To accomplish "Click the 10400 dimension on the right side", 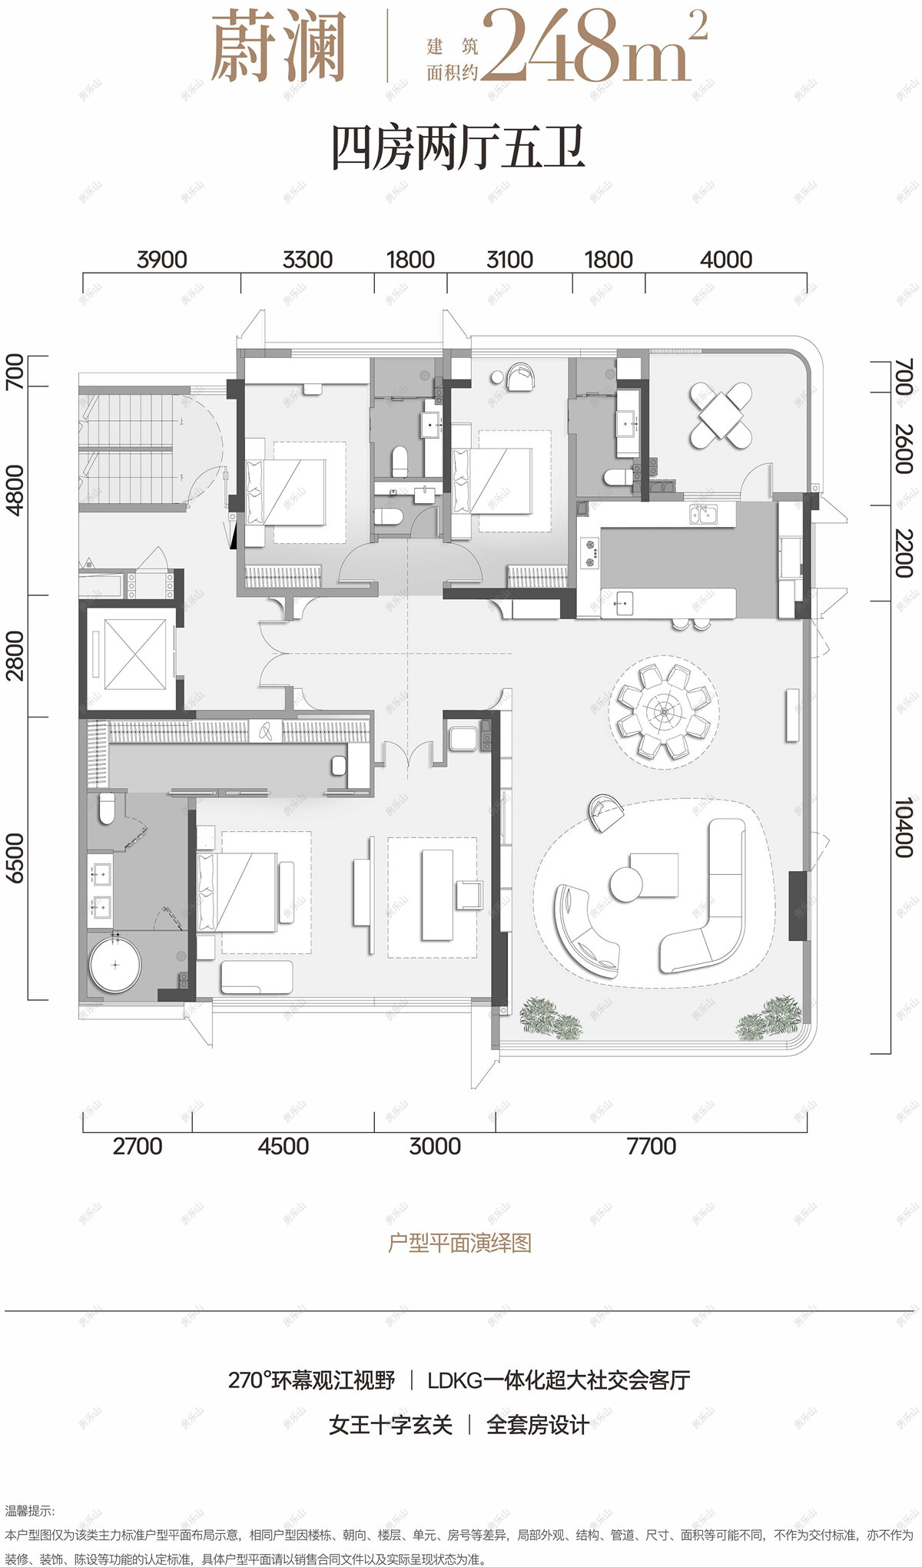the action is pos(904,827).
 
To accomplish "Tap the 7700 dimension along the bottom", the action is pos(652,1146).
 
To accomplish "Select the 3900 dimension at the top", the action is pos(161,260).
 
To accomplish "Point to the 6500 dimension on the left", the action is pos(15,858).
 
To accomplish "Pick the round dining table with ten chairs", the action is pos(664,711).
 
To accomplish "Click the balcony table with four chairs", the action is pos(720,416).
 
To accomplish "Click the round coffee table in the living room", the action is pos(626,883).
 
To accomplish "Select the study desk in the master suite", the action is pos(437,895).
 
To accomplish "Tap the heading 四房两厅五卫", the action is pos(459,150).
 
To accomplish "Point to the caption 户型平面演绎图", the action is pos(459,1242).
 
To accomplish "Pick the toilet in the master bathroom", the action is pos(107,808).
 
